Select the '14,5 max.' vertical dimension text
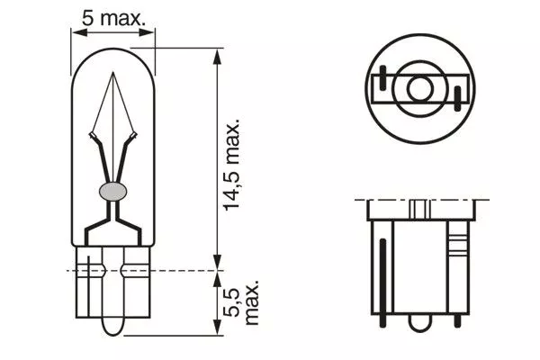235,163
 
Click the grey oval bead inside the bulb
112,190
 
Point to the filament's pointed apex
113,72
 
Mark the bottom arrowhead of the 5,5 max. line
216,332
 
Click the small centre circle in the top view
419,88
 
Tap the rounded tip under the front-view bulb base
112,324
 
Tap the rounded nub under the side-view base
419,319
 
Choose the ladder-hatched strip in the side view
455,243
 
